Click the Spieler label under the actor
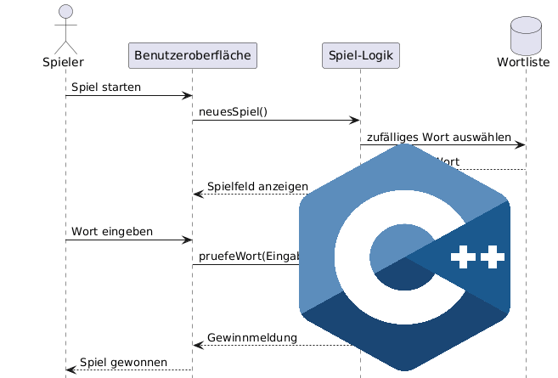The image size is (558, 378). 65,62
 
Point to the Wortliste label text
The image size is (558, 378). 526,62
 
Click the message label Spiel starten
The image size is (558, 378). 106,87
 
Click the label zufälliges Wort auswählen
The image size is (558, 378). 439,137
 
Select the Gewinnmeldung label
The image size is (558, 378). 252,337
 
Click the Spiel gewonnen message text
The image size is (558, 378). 123,362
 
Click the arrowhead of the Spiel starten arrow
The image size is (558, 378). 188,96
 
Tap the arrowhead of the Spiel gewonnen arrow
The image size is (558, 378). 70,370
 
